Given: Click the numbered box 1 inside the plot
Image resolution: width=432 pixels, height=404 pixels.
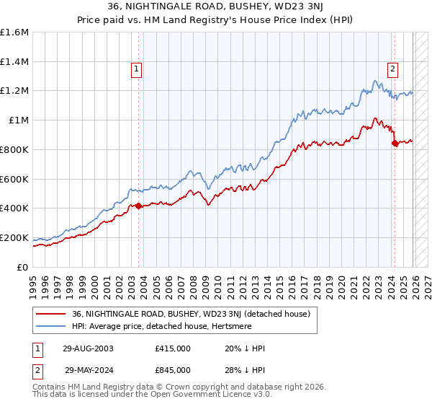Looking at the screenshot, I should tap(136, 69).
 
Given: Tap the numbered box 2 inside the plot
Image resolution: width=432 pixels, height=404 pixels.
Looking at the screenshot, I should tap(392, 69).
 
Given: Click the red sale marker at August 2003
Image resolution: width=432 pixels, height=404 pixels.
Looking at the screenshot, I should tap(139, 206).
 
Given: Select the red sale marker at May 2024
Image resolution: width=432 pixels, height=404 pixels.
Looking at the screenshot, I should tap(395, 143).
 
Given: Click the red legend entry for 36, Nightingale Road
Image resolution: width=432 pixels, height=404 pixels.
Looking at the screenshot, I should tap(191, 314).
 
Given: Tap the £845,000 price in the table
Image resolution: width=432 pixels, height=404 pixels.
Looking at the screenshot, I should tap(174, 370).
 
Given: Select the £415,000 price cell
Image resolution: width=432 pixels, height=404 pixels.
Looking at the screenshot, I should tap(174, 348).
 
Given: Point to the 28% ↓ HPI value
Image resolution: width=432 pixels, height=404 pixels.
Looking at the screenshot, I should tap(245, 370).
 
